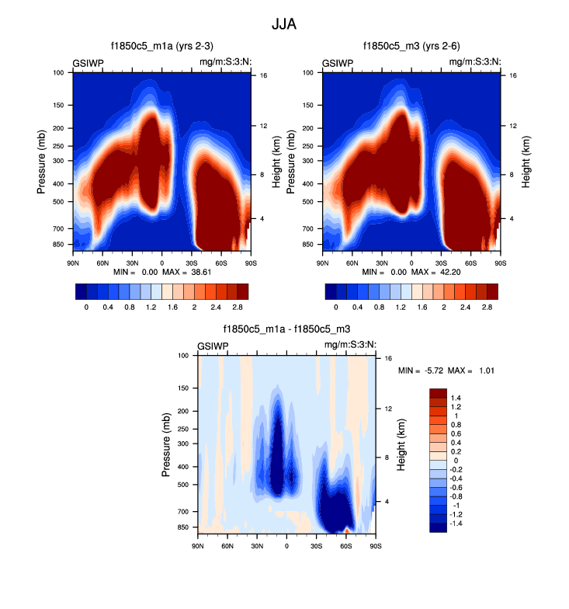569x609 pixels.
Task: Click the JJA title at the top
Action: click(284, 24)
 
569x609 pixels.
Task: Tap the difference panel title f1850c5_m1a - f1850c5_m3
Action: click(286, 329)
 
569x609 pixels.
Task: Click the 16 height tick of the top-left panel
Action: click(263, 75)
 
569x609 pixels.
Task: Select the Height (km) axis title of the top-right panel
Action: click(526, 162)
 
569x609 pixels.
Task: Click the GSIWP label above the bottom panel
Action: click(213, 345)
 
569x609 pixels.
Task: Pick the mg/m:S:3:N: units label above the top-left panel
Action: click(225, 62)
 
